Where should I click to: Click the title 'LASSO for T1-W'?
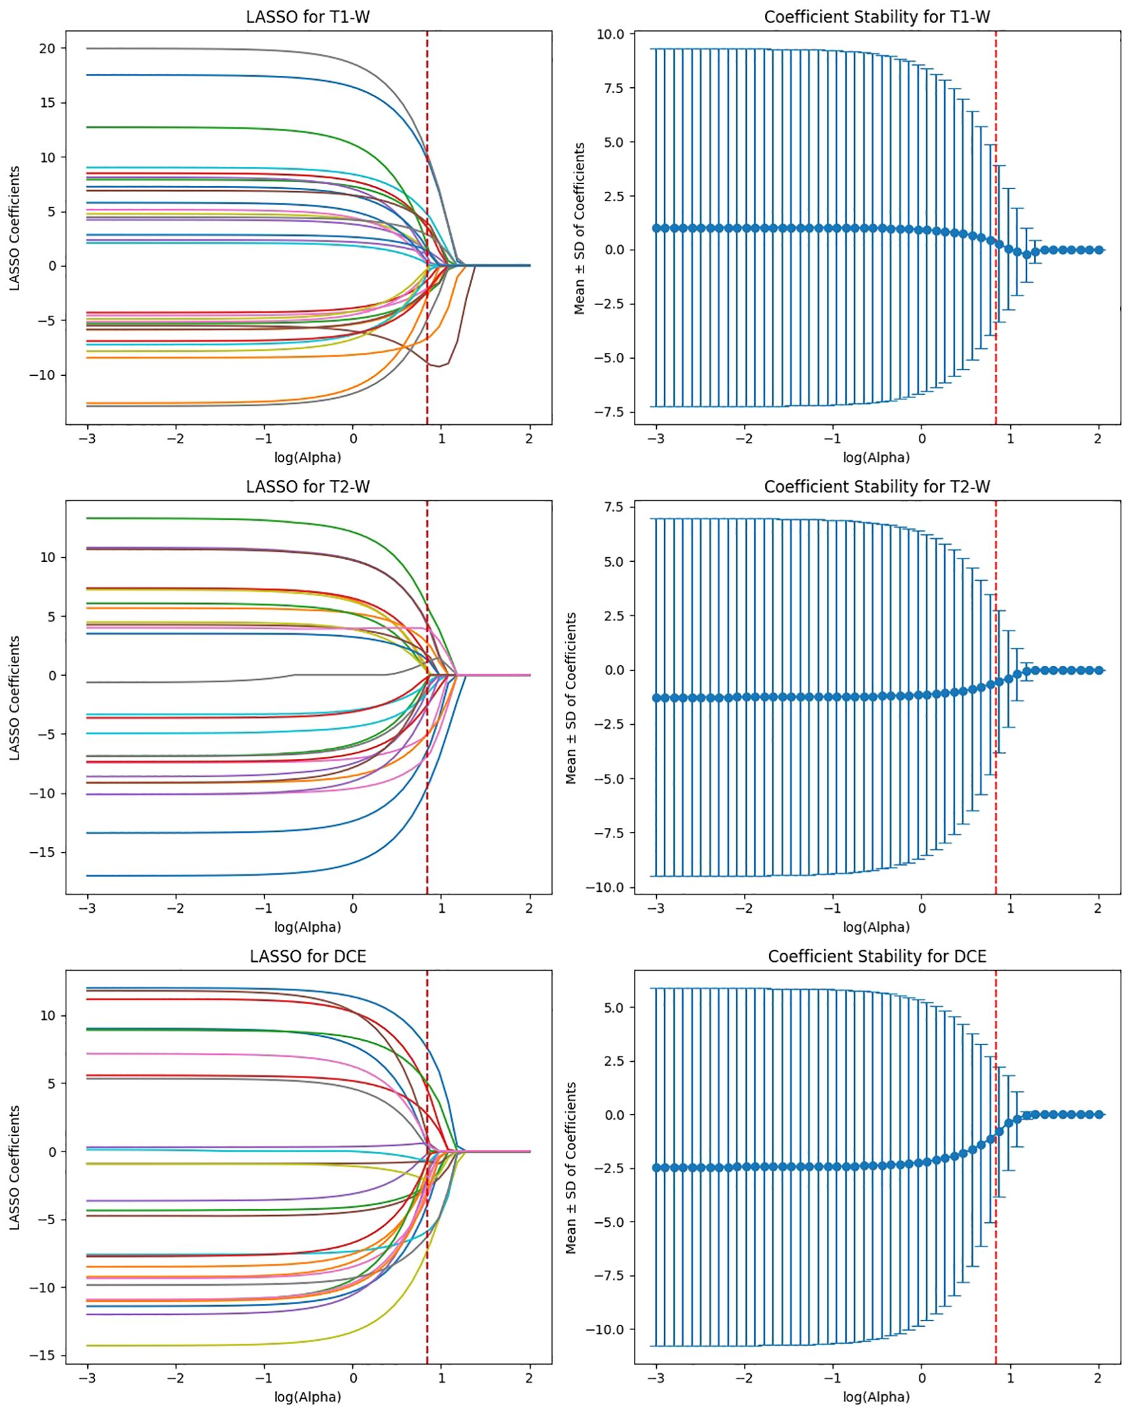(x=308, y=17)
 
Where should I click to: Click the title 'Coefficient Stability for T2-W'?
(x=877, y=487)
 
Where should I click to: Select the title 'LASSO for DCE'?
(x=308, y=956)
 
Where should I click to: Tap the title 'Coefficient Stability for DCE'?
(x=877, y=956)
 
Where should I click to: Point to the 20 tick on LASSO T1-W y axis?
(x=47, y=48)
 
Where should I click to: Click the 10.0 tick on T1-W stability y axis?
(x=610, y=34)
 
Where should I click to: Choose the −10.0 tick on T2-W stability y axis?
(x=606, y=887)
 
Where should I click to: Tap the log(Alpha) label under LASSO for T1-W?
(x=308, y=457)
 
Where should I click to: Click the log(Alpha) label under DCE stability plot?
(x=877, y=1397)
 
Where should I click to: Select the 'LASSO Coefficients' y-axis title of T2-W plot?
(x=15, y=698)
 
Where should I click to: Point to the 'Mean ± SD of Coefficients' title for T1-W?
(x=579, y=229)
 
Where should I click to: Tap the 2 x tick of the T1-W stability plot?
(x=1098, y=439)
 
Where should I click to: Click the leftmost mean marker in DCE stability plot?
(x=656, y=1168)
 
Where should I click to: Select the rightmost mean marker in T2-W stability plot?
(x=1099, y=670)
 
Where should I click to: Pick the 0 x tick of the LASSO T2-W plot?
(x=353, y=908)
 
